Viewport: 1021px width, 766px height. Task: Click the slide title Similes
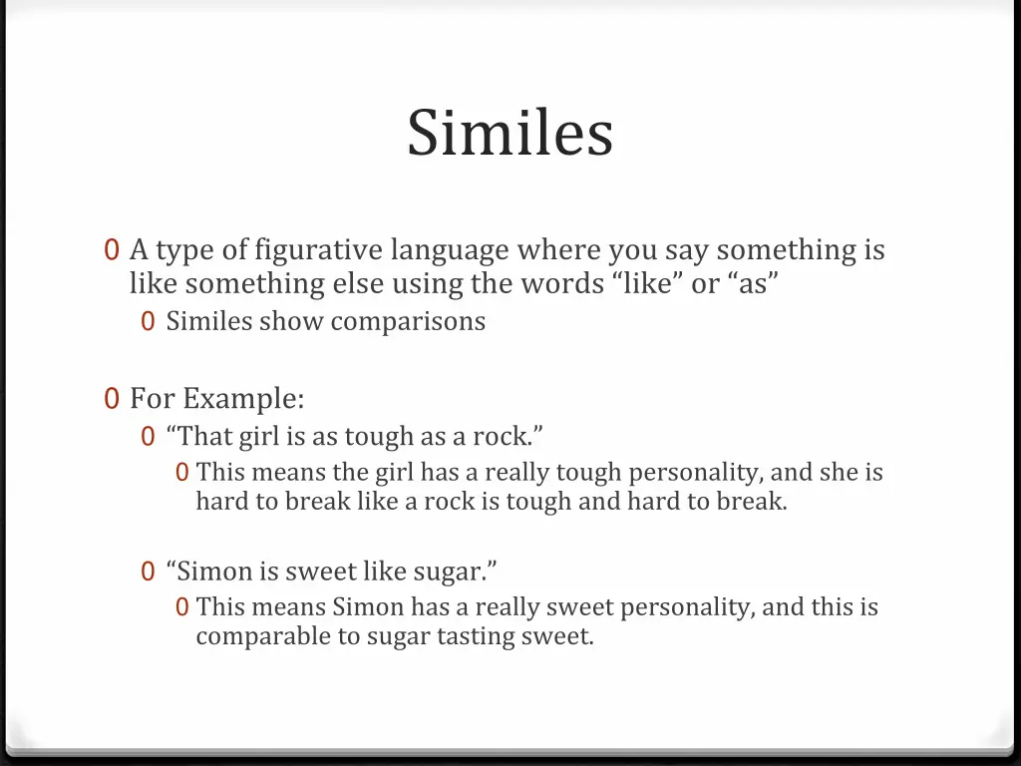pyautogui.click(x=510, y=133)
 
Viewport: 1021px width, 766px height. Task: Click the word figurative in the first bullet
pyautogui.click(x=318, y=249)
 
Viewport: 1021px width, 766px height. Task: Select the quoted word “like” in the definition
pyautogui.click(x=646, y=284)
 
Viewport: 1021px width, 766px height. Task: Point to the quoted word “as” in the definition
pyautogui.click(x=753, y=284)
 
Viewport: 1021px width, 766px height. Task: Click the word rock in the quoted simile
pyautogui.click(x=501, y=437)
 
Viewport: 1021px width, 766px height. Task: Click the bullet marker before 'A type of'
pyautogui.click(x=112, y=250)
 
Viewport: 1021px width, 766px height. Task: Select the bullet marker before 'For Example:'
pyautogui.click(x=112, y=399)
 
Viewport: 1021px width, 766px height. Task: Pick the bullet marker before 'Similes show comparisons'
pyautogui.click(x=148, y=322)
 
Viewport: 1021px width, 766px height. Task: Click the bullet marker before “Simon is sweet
pyautogui.click(x=148, y=572)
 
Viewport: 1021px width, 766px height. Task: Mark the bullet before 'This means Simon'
pyautogui.click(x=181, y=607)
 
